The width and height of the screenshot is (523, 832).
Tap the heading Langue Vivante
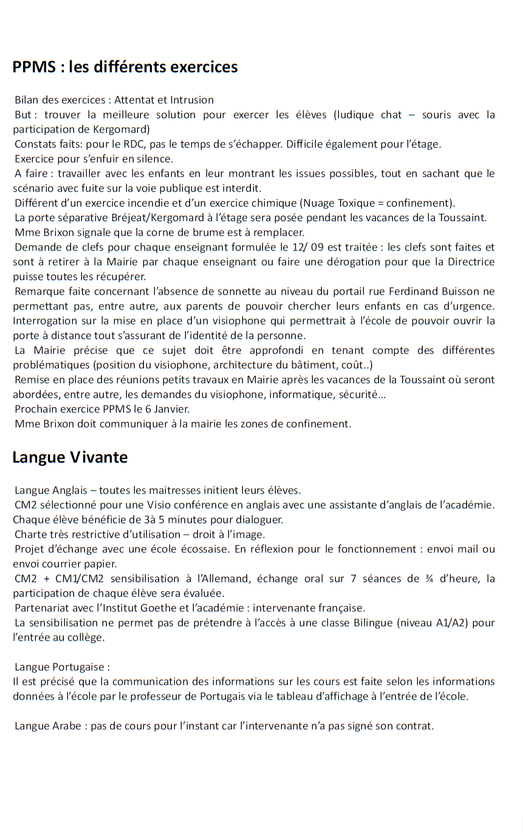(x=70, y=457)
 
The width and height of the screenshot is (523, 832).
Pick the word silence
(x=156, y=159)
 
